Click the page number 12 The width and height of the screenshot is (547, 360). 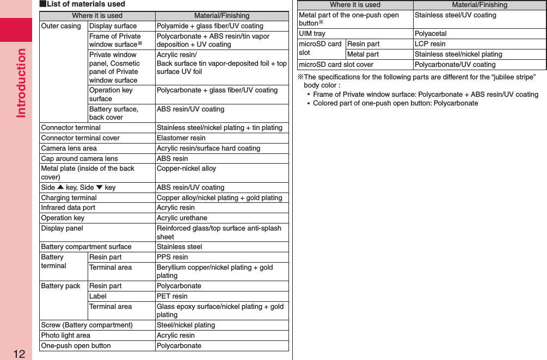(x=19, y=354)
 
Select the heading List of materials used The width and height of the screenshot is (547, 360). (x=82, y=4)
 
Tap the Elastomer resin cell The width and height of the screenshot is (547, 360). (x=181, y=138)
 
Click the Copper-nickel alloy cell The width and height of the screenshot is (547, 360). (x=186, y=169)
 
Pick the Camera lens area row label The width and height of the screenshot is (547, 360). (x=69, y=148)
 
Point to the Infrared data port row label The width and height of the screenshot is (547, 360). (x=68, y=208)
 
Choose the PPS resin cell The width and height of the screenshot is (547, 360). (x=172, y=257)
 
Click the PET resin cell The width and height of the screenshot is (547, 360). (x=172, y=296)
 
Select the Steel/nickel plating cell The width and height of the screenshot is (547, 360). (x=186, y=325)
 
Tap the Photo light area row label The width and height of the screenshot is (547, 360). (x=66, y=336)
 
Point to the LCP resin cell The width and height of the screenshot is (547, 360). (x=430, y=44)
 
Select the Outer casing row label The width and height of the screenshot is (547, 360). (x=61, y=26)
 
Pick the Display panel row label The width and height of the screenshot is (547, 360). (x=62, y=228)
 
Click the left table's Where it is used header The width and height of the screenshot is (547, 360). (x=97, y=16)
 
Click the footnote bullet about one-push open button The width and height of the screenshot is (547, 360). (x=395, y=103)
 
